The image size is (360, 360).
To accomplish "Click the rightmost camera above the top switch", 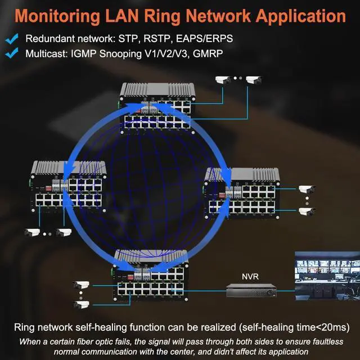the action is tap(254, 80).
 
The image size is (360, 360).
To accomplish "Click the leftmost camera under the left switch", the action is tap(31, 232).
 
